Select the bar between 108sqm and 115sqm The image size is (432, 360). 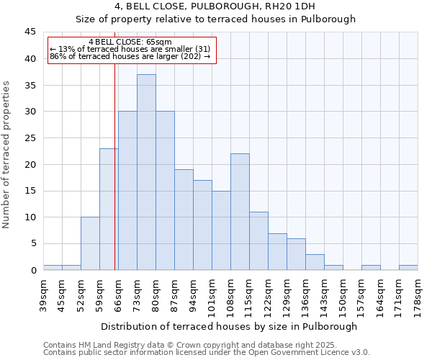tap(240, 212)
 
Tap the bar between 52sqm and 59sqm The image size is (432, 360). tap(90, 243)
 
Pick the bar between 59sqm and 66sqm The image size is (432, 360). tap(109, 209)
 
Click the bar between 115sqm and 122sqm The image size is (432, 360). tap(258, 240)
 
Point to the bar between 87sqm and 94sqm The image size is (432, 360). tap(184, 220)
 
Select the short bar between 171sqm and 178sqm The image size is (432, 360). tap(408, 267)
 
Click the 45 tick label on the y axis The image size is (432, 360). tap(30, 32)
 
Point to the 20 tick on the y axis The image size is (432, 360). tap(30, 164)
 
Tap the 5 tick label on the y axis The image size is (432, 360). tap(32, 243)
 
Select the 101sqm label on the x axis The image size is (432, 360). tap(212, 296)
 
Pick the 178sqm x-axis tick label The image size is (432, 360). tap(418, 296)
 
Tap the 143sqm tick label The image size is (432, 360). tap(324, 296)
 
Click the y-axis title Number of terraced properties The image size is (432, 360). tap(7, 155)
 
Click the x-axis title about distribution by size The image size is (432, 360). tap(229, 326)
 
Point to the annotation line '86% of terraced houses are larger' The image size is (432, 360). tap(130, 56)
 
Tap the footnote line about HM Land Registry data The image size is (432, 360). tap(195, 345)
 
